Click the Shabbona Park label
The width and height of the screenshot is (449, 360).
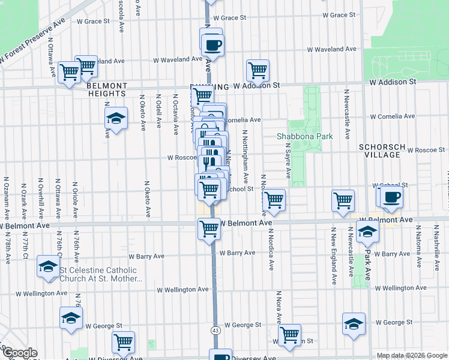tap(304, 136)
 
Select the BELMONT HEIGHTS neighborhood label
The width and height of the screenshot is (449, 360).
tap(106, 89)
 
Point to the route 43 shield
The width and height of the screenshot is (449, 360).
tap(214, 330)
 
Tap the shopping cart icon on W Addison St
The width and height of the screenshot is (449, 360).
tap(258, 70)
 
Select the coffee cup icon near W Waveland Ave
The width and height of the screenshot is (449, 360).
tap(212, 44)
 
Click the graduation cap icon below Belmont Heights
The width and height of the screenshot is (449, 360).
tap(116, 118)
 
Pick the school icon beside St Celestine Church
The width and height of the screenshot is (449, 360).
tap(48, 266)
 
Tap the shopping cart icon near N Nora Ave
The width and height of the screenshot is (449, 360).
tap(290, 334)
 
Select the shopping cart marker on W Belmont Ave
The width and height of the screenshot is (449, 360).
tap(209, 228)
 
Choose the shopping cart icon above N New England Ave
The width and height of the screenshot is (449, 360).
tap(343, 200)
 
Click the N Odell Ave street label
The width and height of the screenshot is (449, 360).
tap(158, 110)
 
